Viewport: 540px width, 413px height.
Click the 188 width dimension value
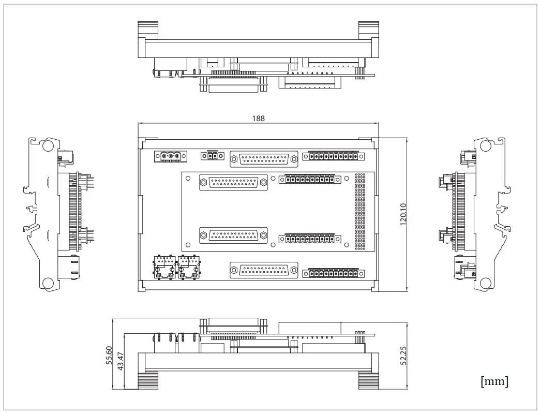tap(258, 119)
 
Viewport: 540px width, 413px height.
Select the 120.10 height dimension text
tap(403, 213)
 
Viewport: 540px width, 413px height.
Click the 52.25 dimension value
tap(403, 356)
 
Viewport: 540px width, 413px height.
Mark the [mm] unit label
tap(494, 382)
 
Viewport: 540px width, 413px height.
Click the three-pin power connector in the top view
tap(167, 156)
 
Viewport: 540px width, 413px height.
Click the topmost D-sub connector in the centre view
tap(264, 159)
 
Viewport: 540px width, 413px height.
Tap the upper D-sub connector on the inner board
tap(234, 182)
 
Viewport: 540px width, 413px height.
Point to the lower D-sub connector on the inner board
tap(234, 235)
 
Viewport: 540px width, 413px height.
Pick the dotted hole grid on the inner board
tap(359, 212)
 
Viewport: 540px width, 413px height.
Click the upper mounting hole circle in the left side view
tap(48, 146)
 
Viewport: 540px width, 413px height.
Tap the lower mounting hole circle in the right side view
tap(485, 283)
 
